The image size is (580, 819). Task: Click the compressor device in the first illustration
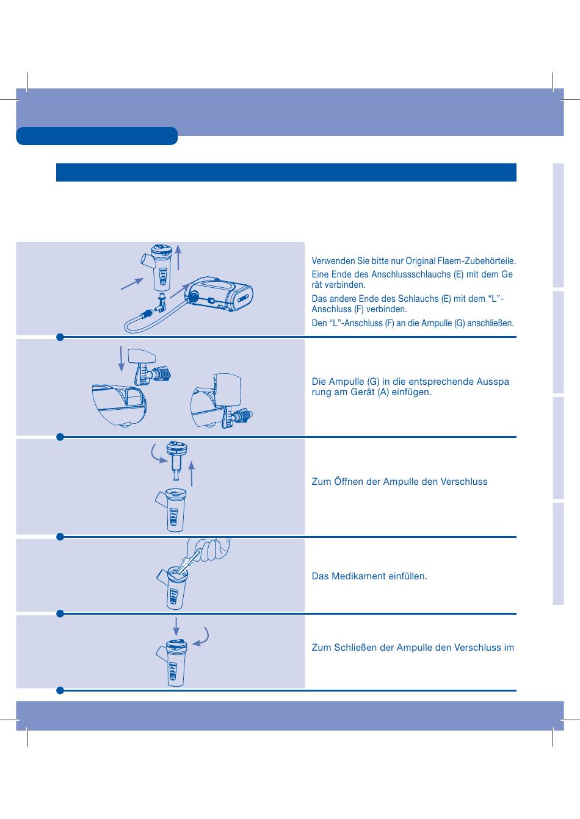point(220,295)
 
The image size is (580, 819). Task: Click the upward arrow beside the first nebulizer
point(178,257)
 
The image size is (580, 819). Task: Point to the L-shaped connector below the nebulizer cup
point(161,302)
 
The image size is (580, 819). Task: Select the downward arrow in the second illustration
point(121,359)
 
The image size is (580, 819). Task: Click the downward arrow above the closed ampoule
point(176,627)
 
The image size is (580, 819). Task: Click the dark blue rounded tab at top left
point(97,136)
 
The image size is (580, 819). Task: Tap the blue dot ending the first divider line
point(60,337)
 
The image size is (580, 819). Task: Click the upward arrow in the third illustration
point(191,474)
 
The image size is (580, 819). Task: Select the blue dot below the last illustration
point(60,691)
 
